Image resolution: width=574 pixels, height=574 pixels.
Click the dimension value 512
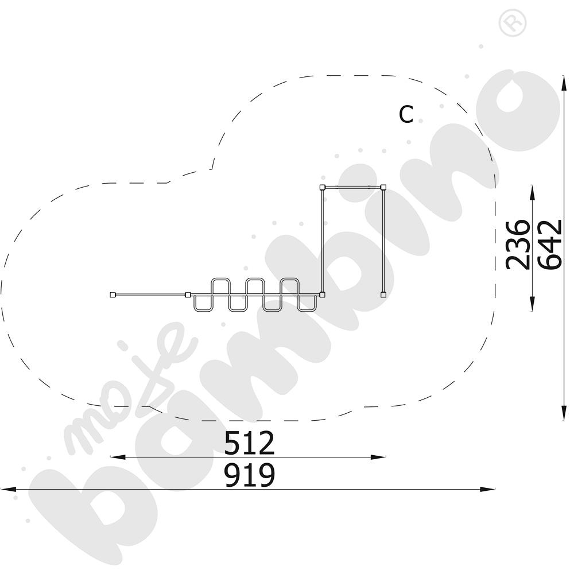pyautogui.click(x=249, y=443)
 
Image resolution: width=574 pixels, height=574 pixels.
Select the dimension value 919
pyautogui.click(x=249, y=475)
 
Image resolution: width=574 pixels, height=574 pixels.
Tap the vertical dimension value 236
pyautogui.click(x=518, y=245)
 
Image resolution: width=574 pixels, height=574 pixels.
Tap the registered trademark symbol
pyautogui.click(x=513, y=22)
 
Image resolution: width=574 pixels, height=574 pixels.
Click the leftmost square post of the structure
pyautogui.click(x=113, y=294)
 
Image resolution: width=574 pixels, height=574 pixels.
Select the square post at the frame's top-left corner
pyautogui.click(x=322, y=188)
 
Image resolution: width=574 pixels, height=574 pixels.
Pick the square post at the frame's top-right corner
pyautogui.click(x=383, y=188)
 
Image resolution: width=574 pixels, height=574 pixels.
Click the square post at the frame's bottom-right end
pyautogui.click(x=383, y=294)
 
